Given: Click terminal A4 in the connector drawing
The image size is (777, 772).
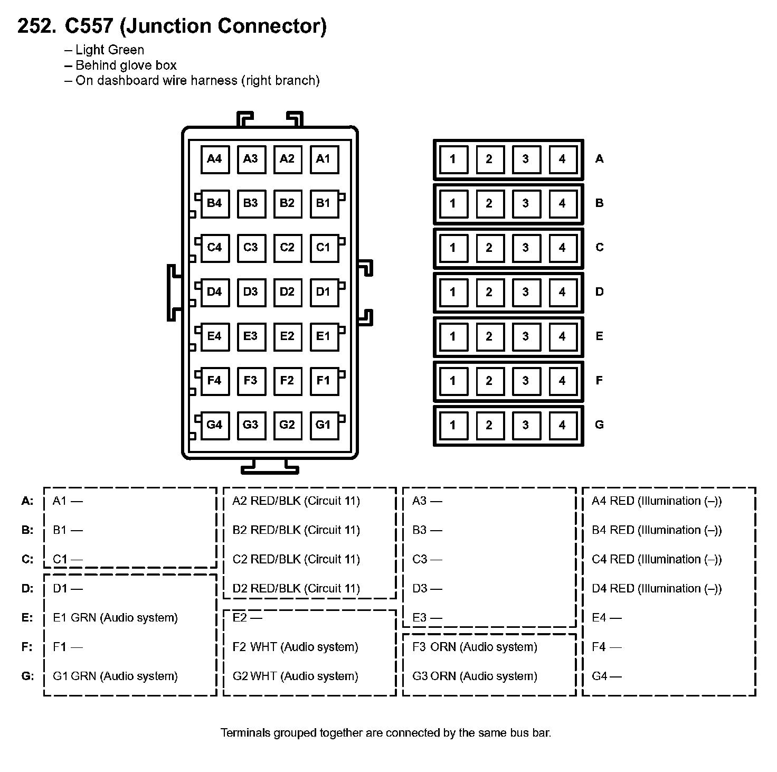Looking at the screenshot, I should pos(215,159).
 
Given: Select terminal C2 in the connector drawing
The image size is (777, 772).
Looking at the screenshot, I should pos(287,248).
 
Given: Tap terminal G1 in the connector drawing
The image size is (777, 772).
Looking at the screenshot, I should pos(323,425).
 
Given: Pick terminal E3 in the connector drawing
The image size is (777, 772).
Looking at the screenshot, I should pos(251,336).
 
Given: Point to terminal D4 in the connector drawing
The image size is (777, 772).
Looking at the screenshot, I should pos(215,292).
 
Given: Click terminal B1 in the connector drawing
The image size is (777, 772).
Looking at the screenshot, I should pos(323,203).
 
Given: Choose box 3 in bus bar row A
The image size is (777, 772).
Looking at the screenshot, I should pos(525,159).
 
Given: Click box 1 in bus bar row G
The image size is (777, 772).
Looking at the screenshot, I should pos(453,425).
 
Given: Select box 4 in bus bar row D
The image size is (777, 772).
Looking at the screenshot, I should pos(562,292).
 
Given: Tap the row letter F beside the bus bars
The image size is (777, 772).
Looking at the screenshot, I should pos(599,380).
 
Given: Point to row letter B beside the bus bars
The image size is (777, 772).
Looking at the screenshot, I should pos(599,203).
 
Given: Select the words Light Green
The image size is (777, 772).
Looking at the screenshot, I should pos(110,50).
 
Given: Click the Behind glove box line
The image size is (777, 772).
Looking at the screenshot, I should pos(126,65).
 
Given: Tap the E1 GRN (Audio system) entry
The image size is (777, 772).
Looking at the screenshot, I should pos(115,618).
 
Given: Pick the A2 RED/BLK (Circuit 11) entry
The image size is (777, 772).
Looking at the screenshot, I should pos(296,501).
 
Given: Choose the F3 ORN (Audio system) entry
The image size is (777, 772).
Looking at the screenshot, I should pos(475,647).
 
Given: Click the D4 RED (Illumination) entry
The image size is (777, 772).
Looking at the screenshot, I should pos(657,588).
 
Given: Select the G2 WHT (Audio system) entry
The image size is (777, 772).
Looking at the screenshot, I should pos(295,676).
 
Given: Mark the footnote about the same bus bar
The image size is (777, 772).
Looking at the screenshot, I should pos(386,733).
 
